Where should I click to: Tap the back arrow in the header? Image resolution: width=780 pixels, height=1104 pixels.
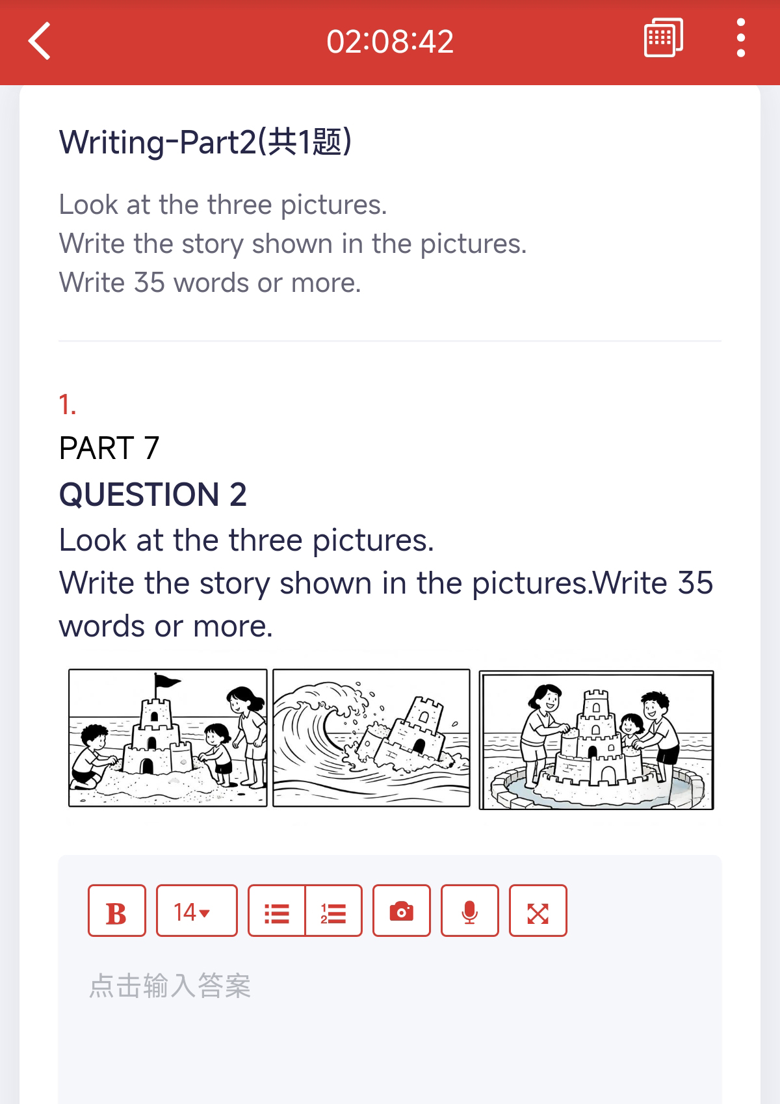[40, 40]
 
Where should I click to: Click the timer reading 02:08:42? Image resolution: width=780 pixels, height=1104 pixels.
[390, 42]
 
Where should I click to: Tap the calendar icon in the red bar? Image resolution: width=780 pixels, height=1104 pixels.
[663, 38]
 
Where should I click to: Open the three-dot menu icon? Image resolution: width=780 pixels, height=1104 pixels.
[740, 38]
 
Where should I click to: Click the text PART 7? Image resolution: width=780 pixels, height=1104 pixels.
[109, 448]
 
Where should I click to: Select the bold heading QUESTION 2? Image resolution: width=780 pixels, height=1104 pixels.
[153, 494]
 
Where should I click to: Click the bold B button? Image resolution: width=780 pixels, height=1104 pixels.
[117, 910]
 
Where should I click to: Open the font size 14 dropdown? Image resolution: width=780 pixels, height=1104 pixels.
[196, 910]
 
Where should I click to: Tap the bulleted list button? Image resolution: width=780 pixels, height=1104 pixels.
[276, 910]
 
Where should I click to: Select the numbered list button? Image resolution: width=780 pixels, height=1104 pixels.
[334, 910]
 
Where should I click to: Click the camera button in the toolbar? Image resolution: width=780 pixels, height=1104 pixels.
[402, 910]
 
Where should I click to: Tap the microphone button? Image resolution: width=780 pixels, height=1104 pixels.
[469, 910]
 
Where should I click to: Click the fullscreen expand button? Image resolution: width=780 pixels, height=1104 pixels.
[538, 910]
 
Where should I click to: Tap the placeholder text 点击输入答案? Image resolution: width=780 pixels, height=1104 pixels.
[170, 986]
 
